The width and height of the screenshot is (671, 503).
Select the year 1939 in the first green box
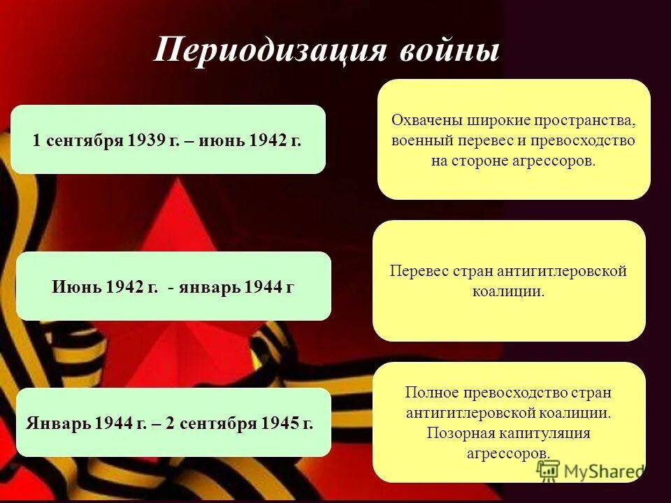point(146,140)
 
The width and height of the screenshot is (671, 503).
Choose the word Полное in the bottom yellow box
point(428,393)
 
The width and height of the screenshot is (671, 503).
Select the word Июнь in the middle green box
point(77,287)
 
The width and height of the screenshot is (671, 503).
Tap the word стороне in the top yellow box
point(473,160)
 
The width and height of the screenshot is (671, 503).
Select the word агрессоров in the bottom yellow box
point(507,453)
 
